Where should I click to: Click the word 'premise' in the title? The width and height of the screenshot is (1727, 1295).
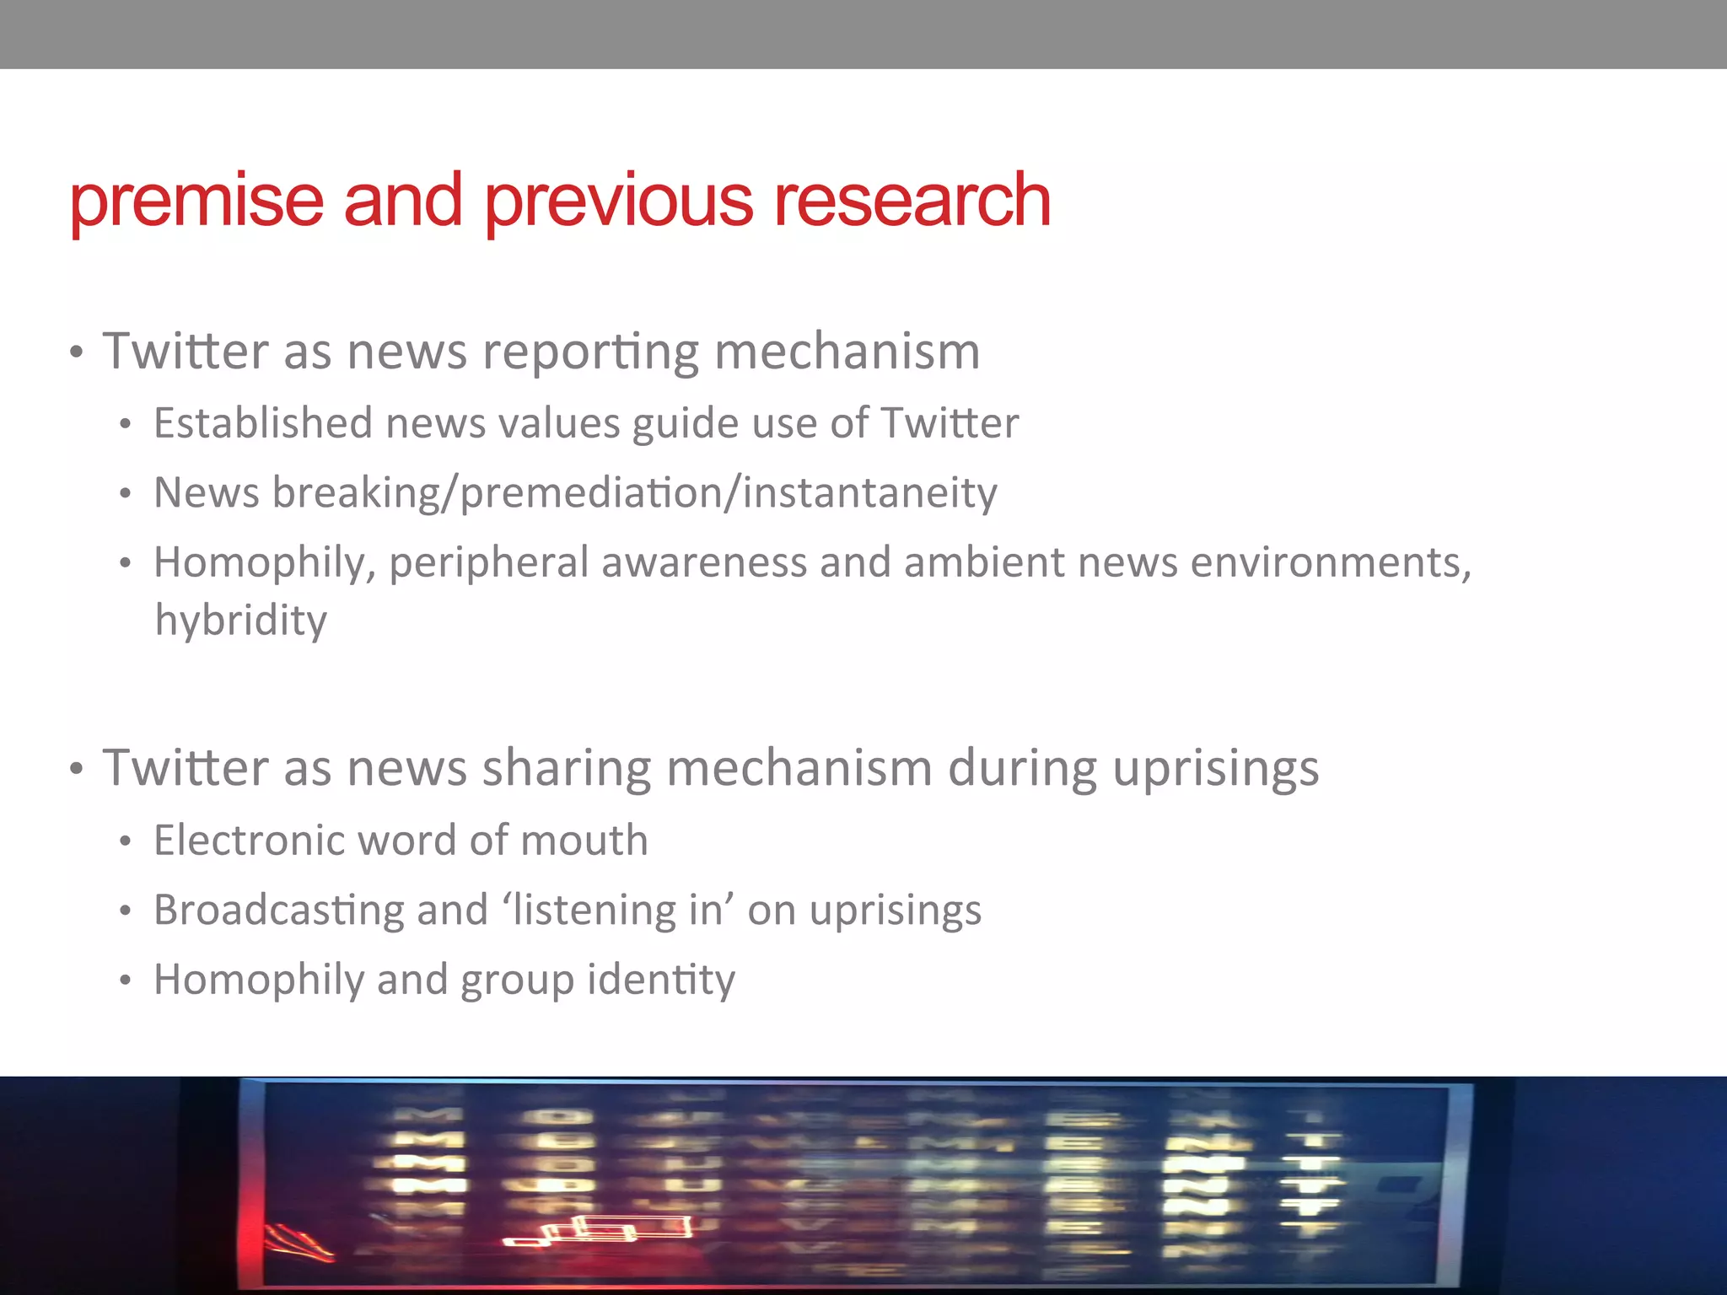(x=196, y=202)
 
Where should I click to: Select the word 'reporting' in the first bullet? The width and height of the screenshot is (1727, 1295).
(x=590, y=352)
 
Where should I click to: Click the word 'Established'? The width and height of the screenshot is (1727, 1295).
(x=262, y=423)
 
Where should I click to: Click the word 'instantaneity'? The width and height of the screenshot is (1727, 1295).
(x=869, y=493)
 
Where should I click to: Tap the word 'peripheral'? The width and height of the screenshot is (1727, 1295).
(x=488, y=563)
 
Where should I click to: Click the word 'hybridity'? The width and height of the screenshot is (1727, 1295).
(x=241, y=621)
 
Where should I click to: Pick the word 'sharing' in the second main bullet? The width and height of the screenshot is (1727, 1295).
(x=566, y=769)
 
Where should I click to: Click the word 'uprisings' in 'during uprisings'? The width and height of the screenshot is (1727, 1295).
(x=1215, y=769)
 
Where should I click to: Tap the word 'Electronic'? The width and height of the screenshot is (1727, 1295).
(x=249, y=841)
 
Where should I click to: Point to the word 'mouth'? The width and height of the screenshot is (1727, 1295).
(x=584, y=841)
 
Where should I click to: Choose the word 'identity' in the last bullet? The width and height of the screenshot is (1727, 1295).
(x=661, y=981)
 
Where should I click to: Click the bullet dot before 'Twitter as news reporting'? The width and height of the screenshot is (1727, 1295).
(x=77, y=353)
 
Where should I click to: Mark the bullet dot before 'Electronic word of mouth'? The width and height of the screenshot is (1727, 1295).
(x=126, y=842)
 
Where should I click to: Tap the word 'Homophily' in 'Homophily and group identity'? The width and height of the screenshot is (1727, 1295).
(x=258, y=981)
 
